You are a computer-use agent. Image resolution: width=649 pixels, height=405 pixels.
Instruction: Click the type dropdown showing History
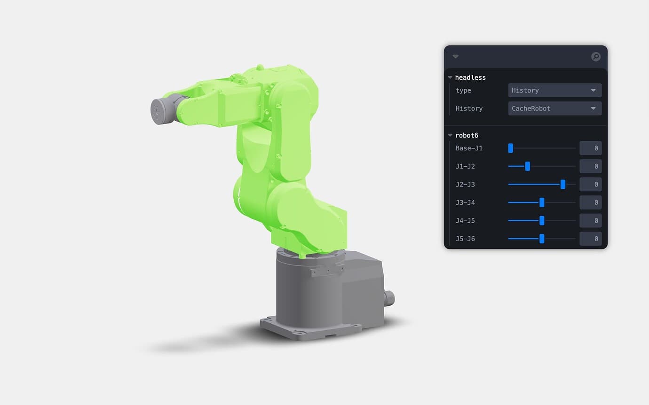[554, 90]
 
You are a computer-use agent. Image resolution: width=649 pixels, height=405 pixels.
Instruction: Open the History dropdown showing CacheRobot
[554, 109]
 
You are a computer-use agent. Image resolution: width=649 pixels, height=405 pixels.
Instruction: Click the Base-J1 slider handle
[511, 148]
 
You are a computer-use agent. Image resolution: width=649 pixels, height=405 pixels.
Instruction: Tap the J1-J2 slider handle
[528, 166]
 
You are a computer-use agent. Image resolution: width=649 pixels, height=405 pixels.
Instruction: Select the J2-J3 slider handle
[562, 184]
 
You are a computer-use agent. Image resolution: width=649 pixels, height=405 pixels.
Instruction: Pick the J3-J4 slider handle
[542, 202]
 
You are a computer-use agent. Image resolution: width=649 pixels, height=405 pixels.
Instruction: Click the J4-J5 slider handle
[542, 221]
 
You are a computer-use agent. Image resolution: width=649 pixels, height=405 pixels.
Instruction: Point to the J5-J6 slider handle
[542, 239]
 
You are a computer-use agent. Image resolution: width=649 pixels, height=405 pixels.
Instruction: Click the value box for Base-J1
[591, 148]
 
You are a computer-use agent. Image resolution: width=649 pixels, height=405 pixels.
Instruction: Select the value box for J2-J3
[591, 184]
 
